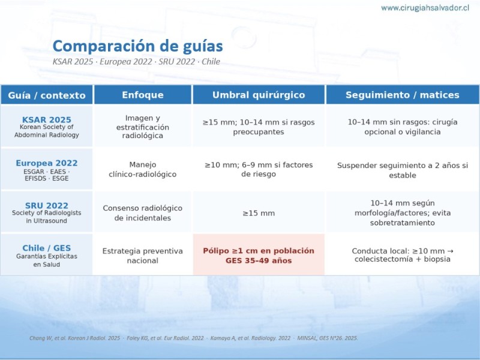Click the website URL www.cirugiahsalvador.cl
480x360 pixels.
[x=425, y=8]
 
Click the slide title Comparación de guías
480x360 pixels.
[x=138, y=46]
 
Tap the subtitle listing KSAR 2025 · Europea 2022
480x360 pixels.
[x=136, y=62]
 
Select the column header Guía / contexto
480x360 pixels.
[x=47, y=95]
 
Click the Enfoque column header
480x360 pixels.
[x=143, y=95]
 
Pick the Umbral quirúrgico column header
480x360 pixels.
[x=259, y=95]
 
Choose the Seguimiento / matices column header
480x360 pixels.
[x=403, y=95]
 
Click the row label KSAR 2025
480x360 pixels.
[x=47, y=119]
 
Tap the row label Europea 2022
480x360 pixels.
[x=47, y=163]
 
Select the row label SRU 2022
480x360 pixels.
[x=47, y=205]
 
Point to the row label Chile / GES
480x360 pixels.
[x=47, y=248]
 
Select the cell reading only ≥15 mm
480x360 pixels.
[x=259, y=213]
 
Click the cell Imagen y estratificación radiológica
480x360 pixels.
[x=143, y=127]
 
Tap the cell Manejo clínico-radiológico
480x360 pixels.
[x=143, y=169]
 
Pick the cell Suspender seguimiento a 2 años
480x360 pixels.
[x=403, y=170]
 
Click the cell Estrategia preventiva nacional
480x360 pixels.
[x=143, y=256]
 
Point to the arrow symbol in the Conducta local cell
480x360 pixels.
[x=450, y=251]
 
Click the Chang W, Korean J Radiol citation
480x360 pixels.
[x=74, y=338]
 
